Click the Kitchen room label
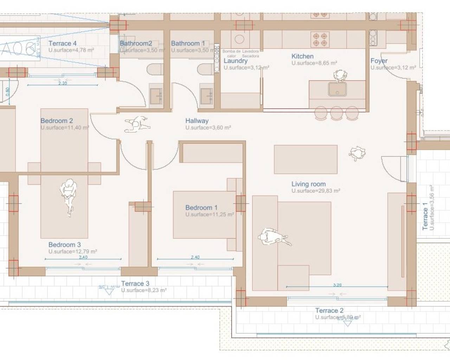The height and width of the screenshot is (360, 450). tap(302, 56)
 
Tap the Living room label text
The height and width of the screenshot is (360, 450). tap(308, 184)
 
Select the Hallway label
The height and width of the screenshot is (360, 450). tap(197, 121)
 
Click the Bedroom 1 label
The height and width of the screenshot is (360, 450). tap(201, 207)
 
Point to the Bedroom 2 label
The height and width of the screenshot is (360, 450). tap(57, 121)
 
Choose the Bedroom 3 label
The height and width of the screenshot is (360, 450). tap(64, 245)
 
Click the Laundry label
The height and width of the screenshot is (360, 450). tap(236, 61)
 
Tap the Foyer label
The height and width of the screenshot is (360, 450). tap(379, 61)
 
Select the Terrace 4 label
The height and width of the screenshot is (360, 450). tap(62, 43)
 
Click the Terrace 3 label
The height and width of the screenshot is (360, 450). tap(135, 283)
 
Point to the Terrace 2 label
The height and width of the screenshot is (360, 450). tap(329, 310)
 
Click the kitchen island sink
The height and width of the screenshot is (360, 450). tap(337, 89)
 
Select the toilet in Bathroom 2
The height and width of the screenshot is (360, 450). tap(155, 69)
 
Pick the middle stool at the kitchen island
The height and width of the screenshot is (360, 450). tap(336, 113)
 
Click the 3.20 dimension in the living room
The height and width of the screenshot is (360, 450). tap(337, 285)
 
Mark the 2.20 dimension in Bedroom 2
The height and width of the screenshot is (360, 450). tap(63, 83)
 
